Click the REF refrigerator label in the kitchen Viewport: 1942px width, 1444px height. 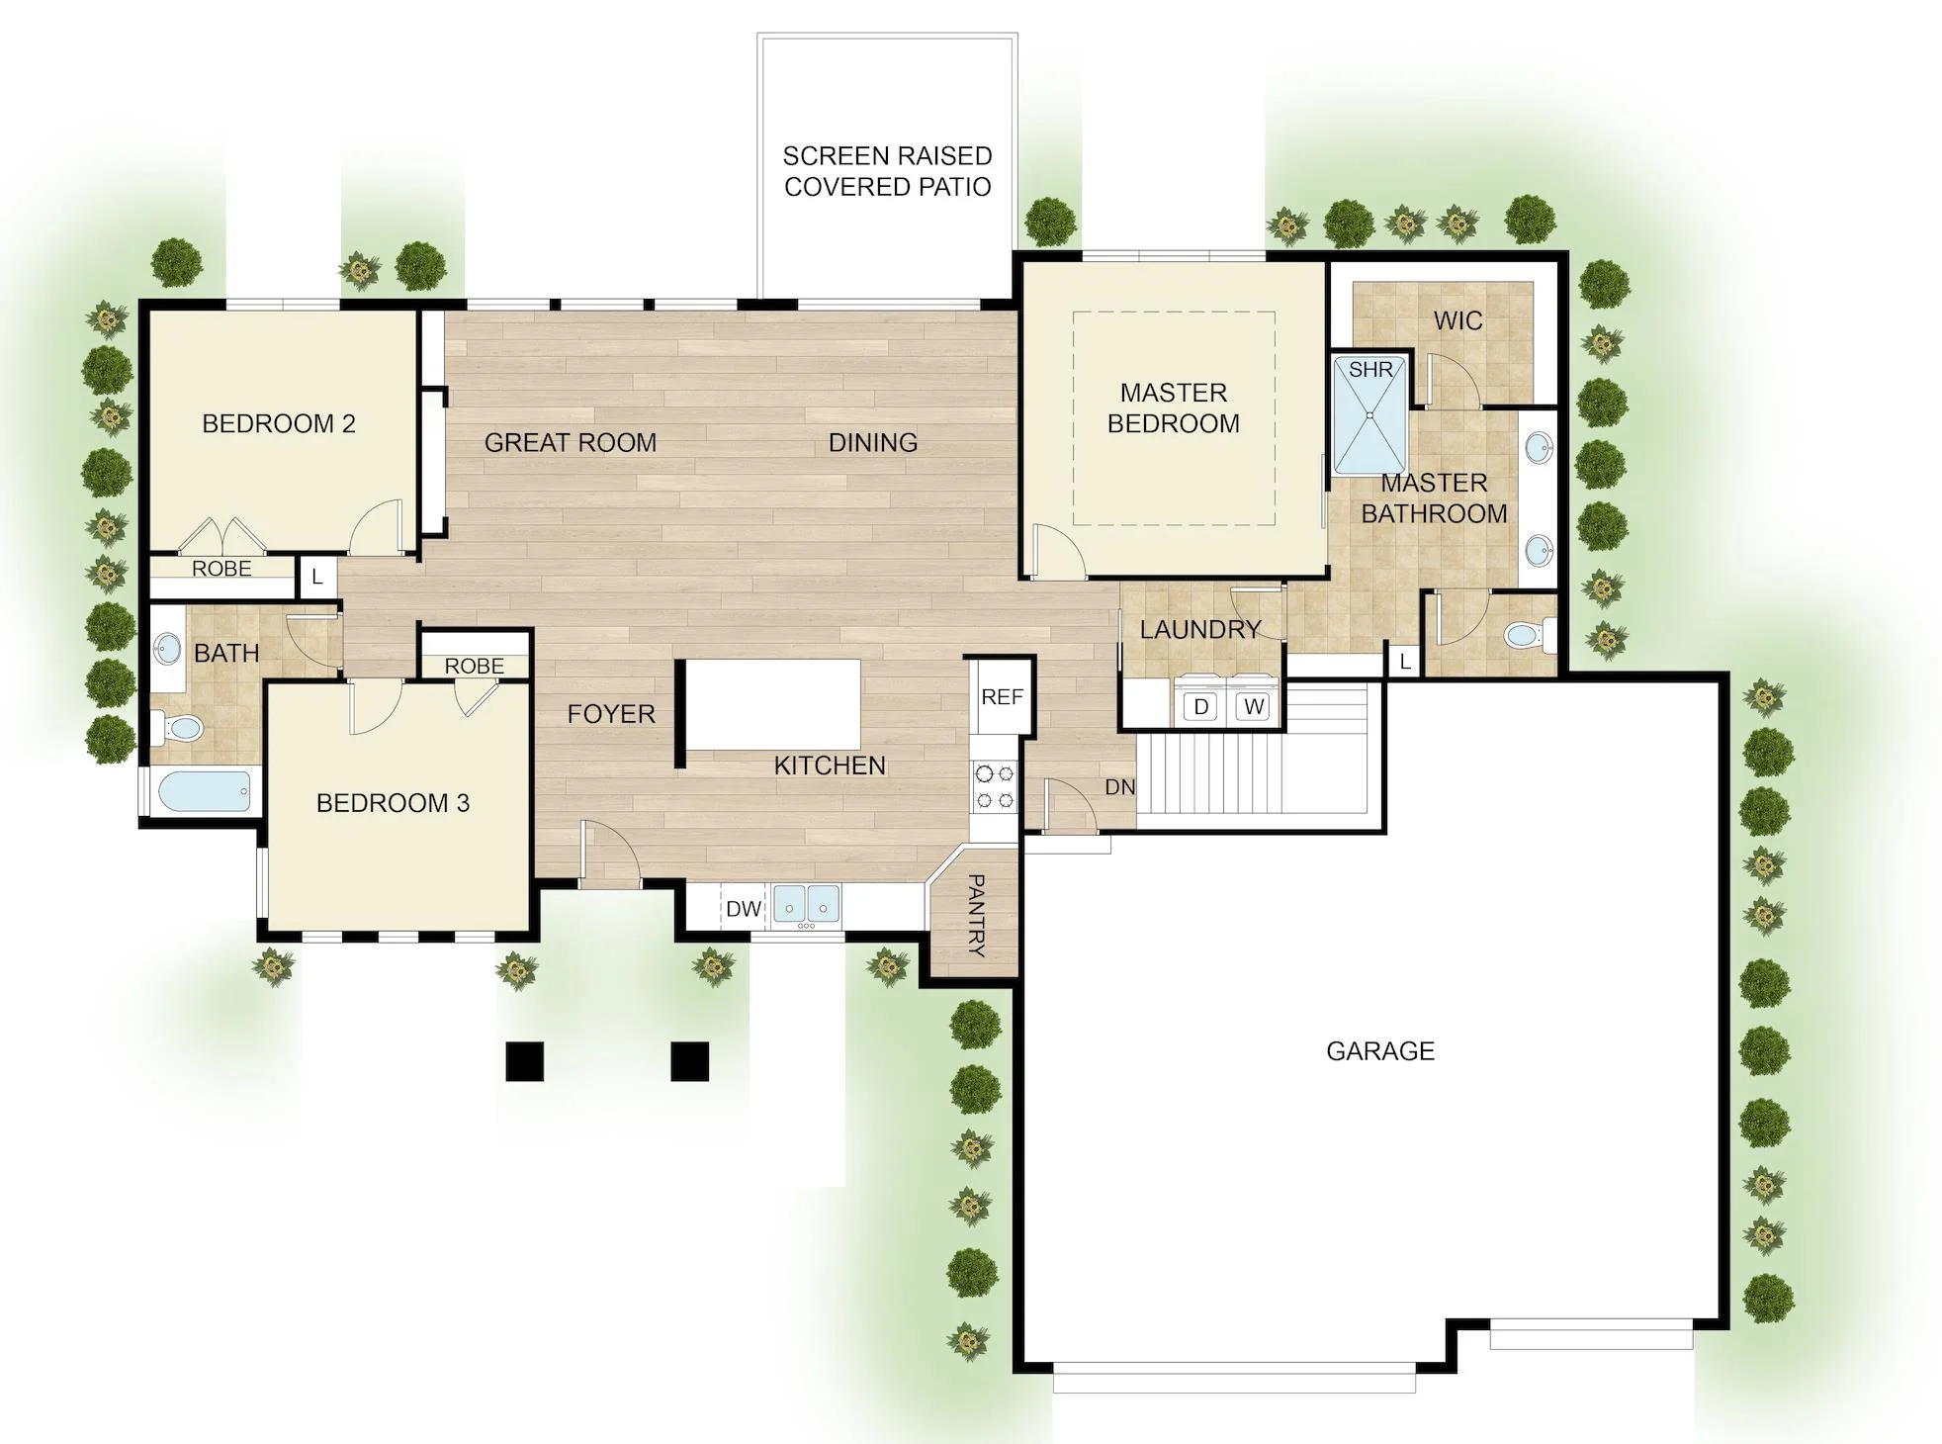click(1002, 697)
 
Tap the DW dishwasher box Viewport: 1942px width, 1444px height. click(744, 908)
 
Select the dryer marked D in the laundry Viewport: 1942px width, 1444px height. click(1200, 706)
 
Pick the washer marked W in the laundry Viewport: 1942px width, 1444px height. click(1253, 706)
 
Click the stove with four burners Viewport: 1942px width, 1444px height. click(994, 786)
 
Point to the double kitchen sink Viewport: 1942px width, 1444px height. click(806, 904)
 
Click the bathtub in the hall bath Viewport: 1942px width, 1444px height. click(205, 791)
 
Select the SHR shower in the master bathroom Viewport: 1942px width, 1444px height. click(1369, 415)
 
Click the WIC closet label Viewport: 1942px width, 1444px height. click(1457, 320)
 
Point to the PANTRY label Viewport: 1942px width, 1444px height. click(975, 915)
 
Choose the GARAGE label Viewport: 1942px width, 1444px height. click(1379, 1050)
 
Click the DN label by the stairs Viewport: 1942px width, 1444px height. click(1119, 787)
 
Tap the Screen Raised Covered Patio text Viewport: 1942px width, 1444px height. click(887, 171)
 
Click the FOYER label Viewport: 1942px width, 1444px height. click(611, 714)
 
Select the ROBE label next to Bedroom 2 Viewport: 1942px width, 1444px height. click(221, 569)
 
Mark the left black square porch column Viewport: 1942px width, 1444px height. click(524, 1061)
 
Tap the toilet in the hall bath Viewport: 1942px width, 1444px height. click(176, 728)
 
